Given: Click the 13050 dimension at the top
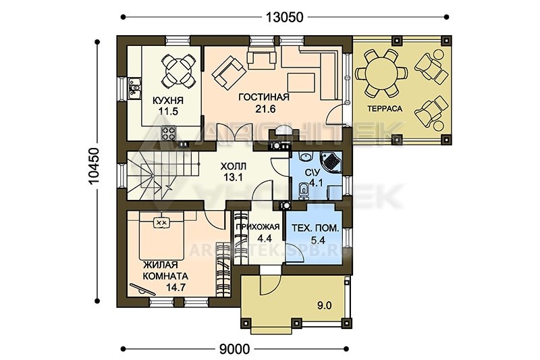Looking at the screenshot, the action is click(284, 17).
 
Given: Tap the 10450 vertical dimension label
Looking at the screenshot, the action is click(94, 166).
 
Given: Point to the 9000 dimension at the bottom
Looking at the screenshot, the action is click(234, 349).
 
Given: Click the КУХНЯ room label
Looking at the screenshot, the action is click(168, 101).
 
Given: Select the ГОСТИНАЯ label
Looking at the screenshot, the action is click(264, 97).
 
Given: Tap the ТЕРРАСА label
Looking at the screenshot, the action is click(385, 109).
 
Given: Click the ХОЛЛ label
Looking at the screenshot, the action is click(233, 167).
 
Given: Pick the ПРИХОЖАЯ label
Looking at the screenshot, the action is click(257, 227).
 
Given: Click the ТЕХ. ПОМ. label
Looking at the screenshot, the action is click(315, 228).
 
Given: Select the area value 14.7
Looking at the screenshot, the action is click(175, 287).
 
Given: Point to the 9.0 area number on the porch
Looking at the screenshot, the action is click(325, 305).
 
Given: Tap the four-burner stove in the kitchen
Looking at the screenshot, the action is click(169, 133).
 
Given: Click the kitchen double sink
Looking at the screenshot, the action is click(134, 88).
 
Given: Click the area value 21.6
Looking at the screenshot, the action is click(265, 109).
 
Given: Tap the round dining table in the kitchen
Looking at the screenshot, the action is click(177, 72).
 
